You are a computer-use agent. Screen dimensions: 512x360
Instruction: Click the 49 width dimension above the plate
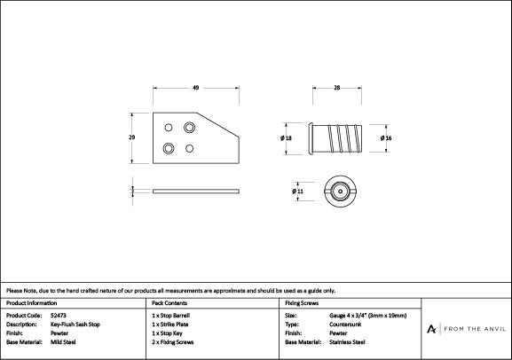click(x=195, y=87)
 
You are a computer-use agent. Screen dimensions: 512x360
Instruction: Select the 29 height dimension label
click(x=132, y=137)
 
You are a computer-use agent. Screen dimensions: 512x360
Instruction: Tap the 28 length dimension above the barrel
click(x=338, y=87)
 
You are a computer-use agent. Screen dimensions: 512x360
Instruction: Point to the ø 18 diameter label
click(x=288, y=138)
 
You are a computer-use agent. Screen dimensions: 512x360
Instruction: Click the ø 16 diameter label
click(x=386, y=138)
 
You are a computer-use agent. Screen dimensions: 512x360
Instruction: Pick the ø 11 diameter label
click(x=297, y=191)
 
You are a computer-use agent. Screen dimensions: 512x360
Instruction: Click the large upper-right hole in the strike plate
click(x=189, y=128)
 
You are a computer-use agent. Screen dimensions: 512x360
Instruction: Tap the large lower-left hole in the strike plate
click(x=169, y=148)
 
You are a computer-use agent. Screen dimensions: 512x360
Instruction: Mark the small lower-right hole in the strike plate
click(x=189, y=148)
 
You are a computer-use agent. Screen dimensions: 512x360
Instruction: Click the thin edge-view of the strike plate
click(x=196, y=191)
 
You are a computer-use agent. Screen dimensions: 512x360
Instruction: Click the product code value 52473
click(x=59, y=315)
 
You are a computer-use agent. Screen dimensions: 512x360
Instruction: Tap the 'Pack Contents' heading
click(x=169, y=302)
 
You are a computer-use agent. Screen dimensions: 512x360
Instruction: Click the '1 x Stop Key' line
click(x=169, y=333)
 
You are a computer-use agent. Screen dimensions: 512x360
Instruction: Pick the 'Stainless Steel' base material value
click(x=348, y=341)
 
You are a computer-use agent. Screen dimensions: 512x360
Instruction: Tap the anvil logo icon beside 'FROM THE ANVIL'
click(x=432, y=329)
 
